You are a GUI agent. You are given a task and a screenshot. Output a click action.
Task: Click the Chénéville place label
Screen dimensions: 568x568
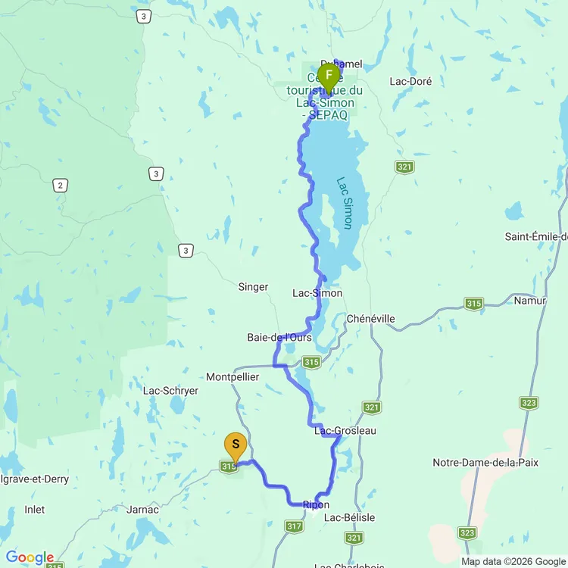[370, 319]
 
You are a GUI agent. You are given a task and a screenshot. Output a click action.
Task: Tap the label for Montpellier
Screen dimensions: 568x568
[233, 376]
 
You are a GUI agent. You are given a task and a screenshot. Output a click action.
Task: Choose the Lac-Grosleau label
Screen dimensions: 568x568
[345, 431]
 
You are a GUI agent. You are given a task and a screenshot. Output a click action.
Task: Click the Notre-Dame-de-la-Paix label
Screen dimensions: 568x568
[485, 463]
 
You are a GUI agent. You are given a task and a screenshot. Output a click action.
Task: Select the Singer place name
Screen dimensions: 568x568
[253, 287]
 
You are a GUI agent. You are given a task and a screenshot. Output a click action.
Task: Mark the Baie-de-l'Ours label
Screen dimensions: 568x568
[279, 337]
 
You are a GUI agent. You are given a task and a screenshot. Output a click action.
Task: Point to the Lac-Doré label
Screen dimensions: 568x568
[410, 81]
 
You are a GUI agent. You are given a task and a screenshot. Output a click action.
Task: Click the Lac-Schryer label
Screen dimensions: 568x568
[170, 391]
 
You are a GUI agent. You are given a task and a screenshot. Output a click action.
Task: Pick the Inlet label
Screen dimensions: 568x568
[34, 510]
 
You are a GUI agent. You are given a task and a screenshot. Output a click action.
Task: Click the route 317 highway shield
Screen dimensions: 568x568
[295, 526]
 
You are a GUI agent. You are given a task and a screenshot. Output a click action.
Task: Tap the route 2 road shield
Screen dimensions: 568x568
[61, 185]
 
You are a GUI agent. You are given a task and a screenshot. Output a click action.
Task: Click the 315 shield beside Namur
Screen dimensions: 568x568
[474, 304]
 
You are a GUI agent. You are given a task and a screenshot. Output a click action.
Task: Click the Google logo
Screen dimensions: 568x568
[30, 558]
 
